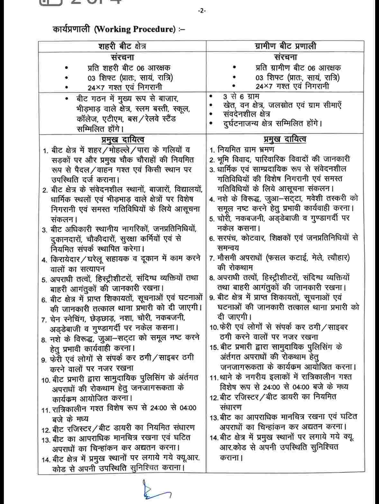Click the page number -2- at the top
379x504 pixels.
(x=202, y=11)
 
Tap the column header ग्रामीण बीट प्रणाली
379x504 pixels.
(x=285, y=46)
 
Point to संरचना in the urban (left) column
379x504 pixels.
(x=122, y=57)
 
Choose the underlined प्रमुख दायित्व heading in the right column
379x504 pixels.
(x=285, y=139)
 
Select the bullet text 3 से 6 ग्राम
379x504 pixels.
(x=241, y=96)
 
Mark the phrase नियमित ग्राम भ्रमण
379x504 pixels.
(x=246, y=149)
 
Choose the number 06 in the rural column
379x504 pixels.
(x=311, y=68)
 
